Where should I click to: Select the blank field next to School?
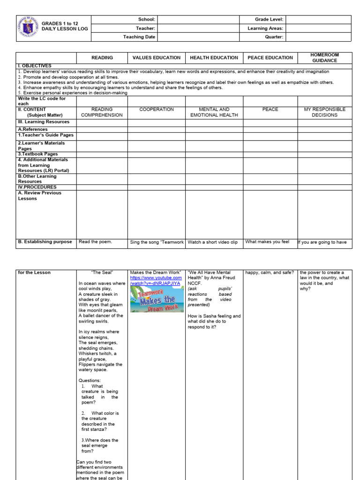pyautogui.click(x=198, y=20)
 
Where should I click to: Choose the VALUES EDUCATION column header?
pyautogui.click(x=157, y=58)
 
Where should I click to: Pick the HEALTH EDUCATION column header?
pyautogui.click(x=214, y=58)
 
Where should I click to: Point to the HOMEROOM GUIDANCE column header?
pyautogui.click(x=324, y=58)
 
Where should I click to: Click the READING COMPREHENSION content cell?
pyautogui.click(x=102, y=112)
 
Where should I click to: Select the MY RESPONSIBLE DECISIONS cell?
pyautogui.click(x=324, y=112)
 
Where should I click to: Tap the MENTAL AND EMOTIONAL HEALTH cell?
pyautogui.click(x=214, y=112)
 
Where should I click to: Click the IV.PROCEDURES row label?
pyautogui.click(x=37, y=187)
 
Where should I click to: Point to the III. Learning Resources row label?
pyautogui.click(x=43, y=122)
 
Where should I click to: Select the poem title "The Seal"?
pyautogui.click(x=102, y=272)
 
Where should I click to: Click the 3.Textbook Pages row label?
pyautogui.click(x=37, y=154)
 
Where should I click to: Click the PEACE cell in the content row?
pyautogui.click(x=270, y=109)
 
